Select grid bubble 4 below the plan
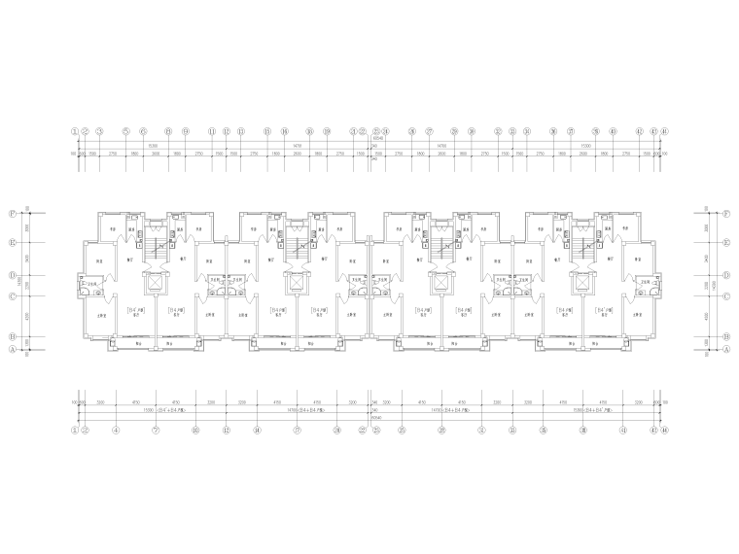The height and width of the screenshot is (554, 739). (x=116, y=430)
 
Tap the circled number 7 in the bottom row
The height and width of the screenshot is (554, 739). (x=156, y=430)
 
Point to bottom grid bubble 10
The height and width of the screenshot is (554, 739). (x=195, y=430)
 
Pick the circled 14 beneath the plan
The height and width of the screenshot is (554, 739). (x=257, y=430)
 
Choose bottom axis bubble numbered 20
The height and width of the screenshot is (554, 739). (x=337, y=430)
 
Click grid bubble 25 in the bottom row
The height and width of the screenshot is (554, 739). (x=402, y=430)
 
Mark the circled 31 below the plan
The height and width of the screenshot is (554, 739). (x=481, y=430)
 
